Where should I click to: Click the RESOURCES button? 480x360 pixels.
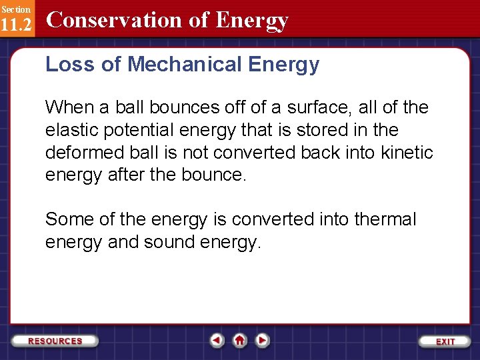click(x=55, y=341)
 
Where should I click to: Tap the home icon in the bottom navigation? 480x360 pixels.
click(x=240, y=340)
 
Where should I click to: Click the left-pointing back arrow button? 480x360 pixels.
click(x=217, y=340)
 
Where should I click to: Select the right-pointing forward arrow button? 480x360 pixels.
click(x=263, y=340)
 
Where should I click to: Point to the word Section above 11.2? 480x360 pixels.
click(x=15, y=9)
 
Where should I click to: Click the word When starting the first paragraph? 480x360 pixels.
click(x=67, y=107)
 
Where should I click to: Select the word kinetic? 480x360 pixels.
click(x=408, y=153)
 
